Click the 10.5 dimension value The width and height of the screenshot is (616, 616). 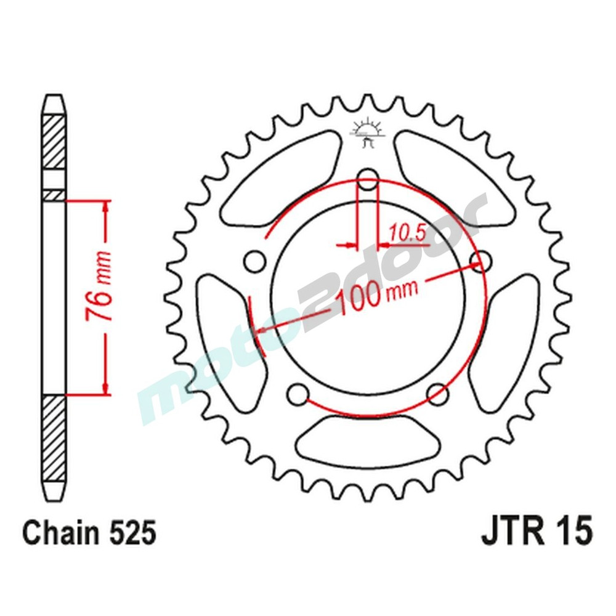(x=407, y=232)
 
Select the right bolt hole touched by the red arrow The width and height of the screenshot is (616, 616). (x=481, y=260)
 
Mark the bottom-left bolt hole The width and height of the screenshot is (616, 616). (x=298, y=393)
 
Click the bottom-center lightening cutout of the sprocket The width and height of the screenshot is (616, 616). (x=368, y=439)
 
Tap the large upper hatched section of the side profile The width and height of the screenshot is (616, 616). (x=54, y=142)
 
